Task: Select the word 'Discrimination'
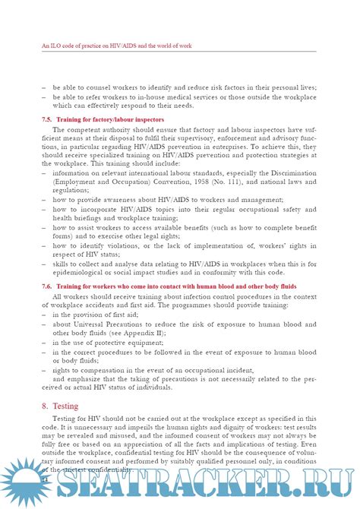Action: pos(311,174)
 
